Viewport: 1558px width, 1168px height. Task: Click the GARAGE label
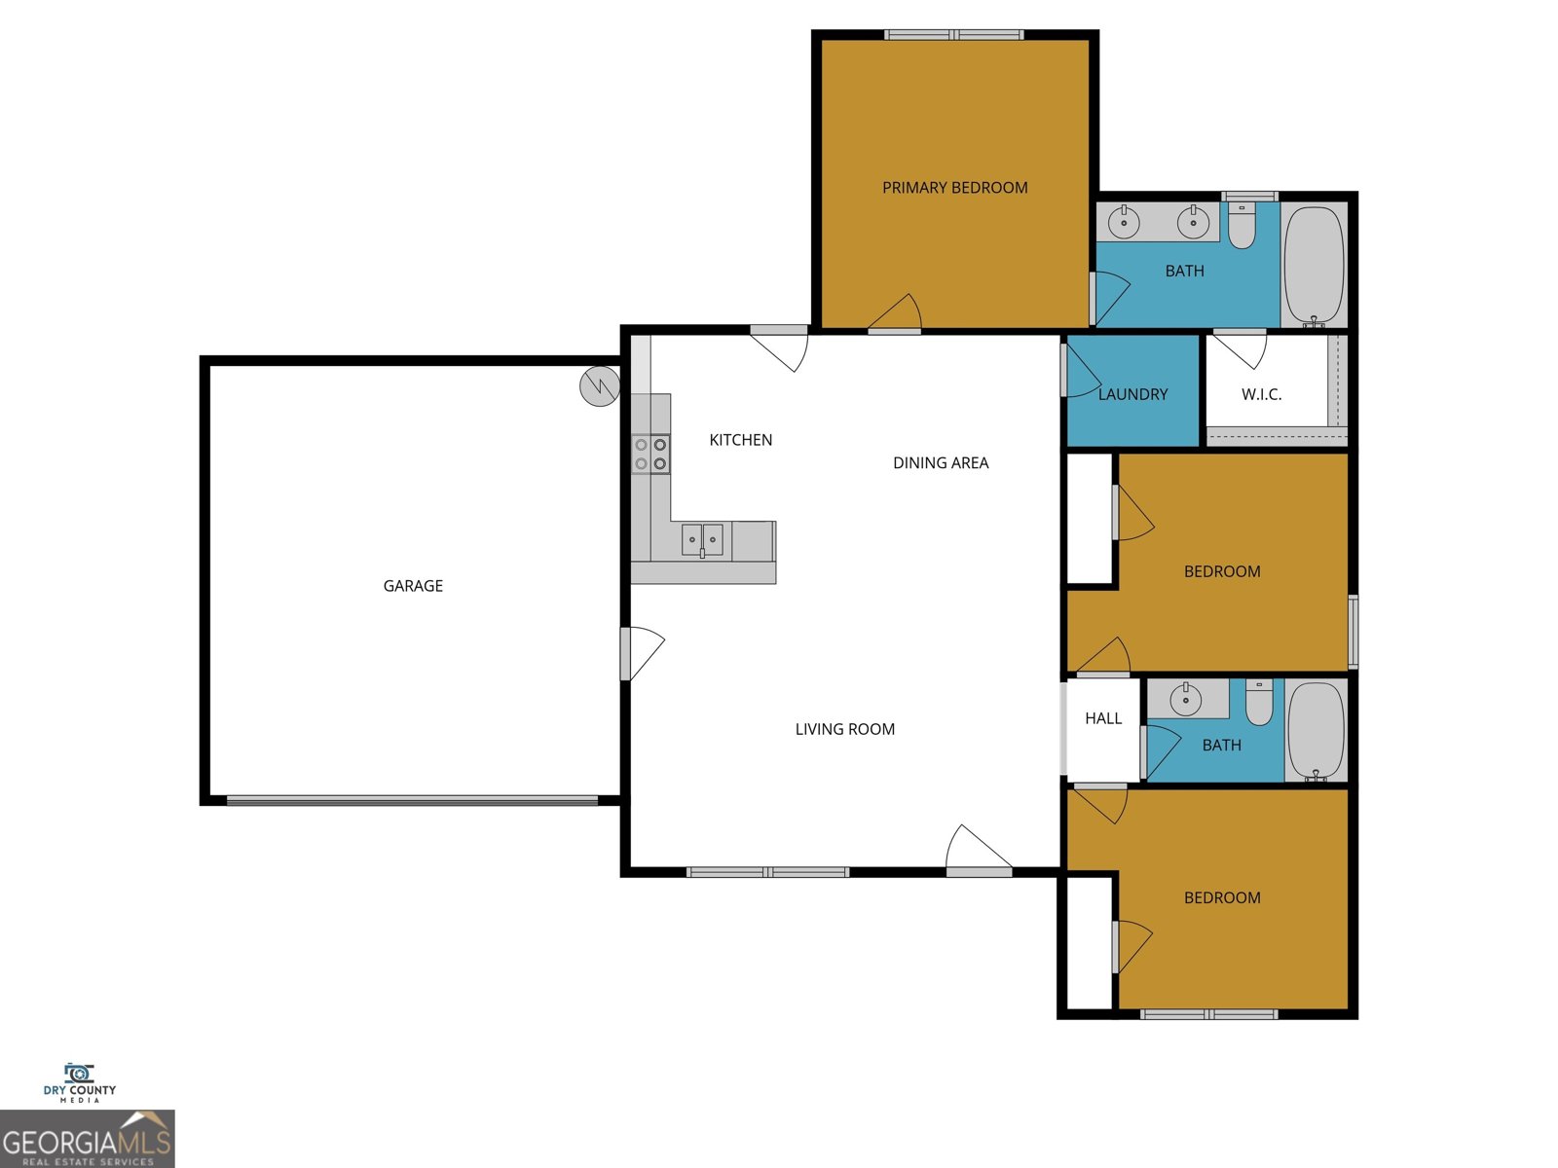click(413, 585)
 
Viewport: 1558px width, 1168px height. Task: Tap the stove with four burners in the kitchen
click(650, 455)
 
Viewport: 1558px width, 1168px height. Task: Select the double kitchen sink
click(702, 539)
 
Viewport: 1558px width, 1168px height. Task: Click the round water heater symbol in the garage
click(600, 386)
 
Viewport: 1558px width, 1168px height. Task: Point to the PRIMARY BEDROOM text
click(954, 187)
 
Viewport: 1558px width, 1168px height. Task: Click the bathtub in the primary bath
click(1314, 265)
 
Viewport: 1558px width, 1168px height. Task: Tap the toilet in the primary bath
click(1242, 227)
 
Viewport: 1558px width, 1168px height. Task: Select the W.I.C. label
click(1261, 394)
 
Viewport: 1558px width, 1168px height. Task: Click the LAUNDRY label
click(1132, 394)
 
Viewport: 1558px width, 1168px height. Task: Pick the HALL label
click(1103, 718)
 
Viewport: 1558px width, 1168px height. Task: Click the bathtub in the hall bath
click(1316, 730)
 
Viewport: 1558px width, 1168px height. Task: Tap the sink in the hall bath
click(1185, 699)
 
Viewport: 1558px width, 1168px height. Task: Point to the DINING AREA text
click(941, 462)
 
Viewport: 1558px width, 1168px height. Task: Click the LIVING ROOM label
click(844, 729)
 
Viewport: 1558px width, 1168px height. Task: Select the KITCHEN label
click(740, 440)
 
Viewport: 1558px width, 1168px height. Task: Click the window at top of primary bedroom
click(953, 35)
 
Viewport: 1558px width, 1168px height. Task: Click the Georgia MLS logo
click(88, 1139)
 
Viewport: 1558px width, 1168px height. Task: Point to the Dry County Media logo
click(79, 1082)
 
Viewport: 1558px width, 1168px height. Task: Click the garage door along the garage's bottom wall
click(412, 800)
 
